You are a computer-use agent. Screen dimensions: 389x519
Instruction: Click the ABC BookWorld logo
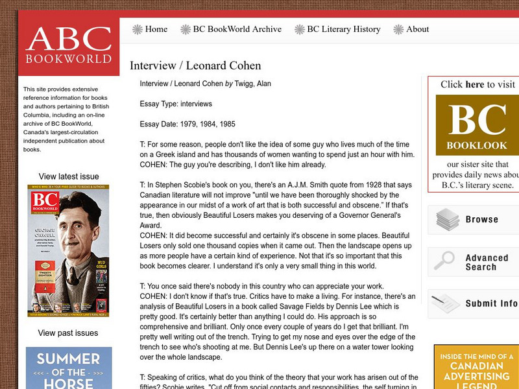pyautogui.click(x=68, y=47)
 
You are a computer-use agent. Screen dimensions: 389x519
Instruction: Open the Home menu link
pyautogui.click(x=156, y=29)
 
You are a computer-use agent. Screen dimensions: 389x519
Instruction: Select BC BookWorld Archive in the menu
pyautogui.click(x=237, y=29)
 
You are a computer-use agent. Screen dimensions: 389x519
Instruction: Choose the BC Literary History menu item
pyautogui.click(x=343, y=29)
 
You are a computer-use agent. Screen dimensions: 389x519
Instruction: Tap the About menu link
pyautogui.click(x=417, y=29)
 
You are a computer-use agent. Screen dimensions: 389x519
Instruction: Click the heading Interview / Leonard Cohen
pyautogui.click(x=195, y=65)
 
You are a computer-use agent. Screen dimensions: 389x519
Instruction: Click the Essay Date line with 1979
pyautogui.click(x=187, y=124)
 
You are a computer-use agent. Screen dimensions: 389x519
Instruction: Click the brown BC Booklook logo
pyautogui.click(x=477, y=125)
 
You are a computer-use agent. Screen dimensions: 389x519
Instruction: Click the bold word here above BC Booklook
pyautogui.click(x=475, y=84)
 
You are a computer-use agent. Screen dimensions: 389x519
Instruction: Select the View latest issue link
pyautogui.click(x=69, y=176)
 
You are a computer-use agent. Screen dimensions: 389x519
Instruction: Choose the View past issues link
pyautogui.click(x=68, y=333)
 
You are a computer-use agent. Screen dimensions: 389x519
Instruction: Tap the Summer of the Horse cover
pyautogui.click(x=69, y=368)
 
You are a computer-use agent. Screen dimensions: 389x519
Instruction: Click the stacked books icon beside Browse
pyautogui.click(x=447, y=220)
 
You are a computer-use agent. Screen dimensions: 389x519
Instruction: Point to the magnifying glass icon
pyautogui.click(x=445, y=261)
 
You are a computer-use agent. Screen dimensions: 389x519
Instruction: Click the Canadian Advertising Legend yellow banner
pyautogui.click(x=476, y=367)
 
